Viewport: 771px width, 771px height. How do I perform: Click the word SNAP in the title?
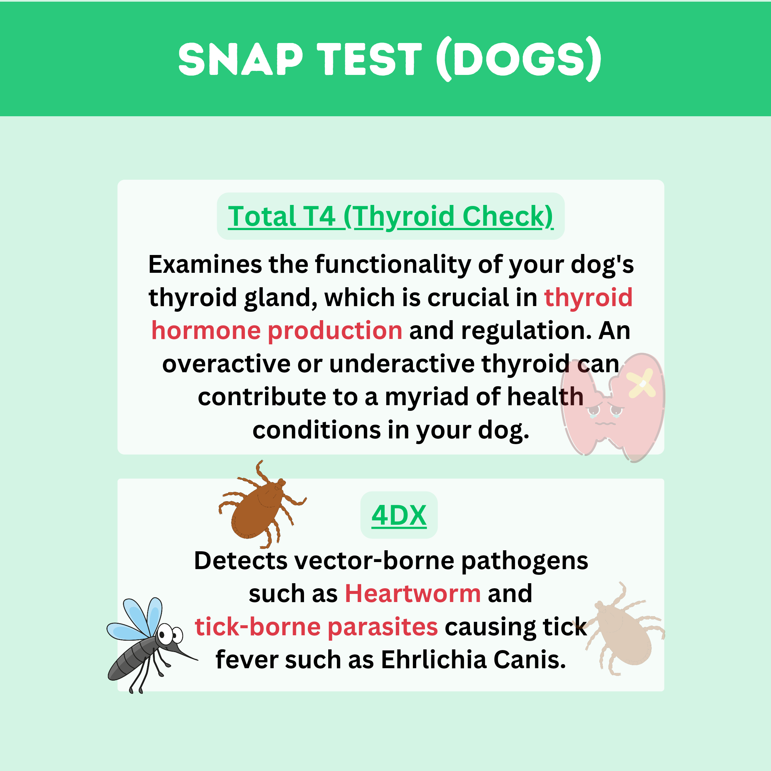tap(240, 59)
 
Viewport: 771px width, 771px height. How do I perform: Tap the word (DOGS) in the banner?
tap(518, 59)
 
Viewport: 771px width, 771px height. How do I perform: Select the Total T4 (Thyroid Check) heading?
tap(391, 216)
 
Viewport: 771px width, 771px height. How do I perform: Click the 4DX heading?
tap(399, 515)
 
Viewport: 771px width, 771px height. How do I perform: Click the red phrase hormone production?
tap(276, 331)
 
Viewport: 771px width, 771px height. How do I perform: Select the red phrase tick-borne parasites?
tap(316, 627)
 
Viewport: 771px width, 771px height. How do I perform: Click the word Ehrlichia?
tap(434, 660)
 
